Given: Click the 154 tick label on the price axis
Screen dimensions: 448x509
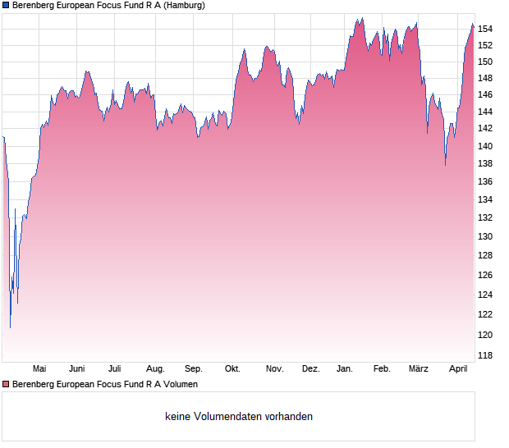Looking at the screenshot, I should click(486, 29).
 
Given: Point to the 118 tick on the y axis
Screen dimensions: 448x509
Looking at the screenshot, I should click(486, 355).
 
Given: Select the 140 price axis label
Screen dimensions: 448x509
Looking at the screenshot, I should click(486, 146).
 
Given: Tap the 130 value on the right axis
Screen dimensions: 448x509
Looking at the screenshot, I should click(486, 236).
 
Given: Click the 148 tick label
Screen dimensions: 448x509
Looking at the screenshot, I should click(486, 79).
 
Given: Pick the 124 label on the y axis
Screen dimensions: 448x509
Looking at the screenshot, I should click(486, 295).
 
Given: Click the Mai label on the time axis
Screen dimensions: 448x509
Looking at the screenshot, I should click(39, 368).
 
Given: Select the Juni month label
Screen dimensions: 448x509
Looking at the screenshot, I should click(77, 368).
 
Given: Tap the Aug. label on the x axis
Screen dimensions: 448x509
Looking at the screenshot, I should click(155, 368).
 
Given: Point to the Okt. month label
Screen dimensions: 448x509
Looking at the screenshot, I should click(232, 368).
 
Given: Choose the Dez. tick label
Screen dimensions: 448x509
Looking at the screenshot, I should click(310, 368).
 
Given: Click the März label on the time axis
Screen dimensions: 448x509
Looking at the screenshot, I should click(419, 368).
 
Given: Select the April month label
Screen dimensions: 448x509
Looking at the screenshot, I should click(458, 368).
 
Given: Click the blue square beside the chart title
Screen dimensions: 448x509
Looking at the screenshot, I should click(6, 5).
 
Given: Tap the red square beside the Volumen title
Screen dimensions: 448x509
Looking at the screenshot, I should click(6, 384).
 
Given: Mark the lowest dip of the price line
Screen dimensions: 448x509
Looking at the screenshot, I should click(10, 327).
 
